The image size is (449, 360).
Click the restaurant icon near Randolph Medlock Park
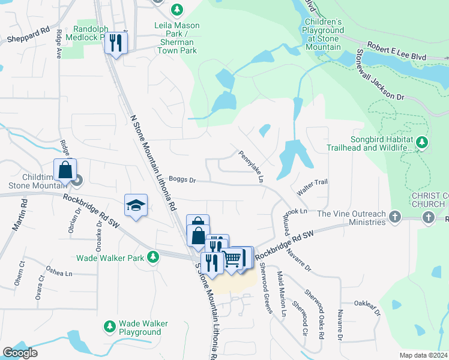point(116,43)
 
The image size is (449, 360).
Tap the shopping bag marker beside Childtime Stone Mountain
point(65,170)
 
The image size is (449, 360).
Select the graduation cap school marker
point(136,206)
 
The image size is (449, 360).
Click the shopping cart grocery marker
point(232,259)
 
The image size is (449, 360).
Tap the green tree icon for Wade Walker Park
point(153,257)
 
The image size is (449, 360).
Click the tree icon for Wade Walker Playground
point(110,326)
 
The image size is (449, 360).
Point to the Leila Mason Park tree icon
point(176,10)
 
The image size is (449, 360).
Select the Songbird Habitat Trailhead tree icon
point(423,142)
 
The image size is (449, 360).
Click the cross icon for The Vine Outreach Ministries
point(394,216)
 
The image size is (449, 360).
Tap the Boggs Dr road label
point(182,179)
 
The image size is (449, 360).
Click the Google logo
point(20,353)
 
